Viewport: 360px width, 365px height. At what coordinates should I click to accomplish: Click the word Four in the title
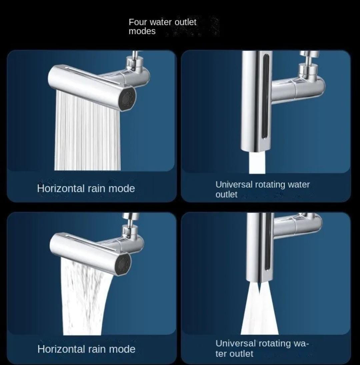tap(138, 22)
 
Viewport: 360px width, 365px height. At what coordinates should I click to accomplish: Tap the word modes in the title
tap(142, 31)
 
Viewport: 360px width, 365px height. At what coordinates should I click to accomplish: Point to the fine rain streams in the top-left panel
tap(87, 130)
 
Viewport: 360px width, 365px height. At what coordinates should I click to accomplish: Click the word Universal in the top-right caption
tap(234, 185)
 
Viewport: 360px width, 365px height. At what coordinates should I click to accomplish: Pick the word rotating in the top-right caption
tap(270, 185)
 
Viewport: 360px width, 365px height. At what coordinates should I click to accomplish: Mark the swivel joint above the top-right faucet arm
tap(308, 63)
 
